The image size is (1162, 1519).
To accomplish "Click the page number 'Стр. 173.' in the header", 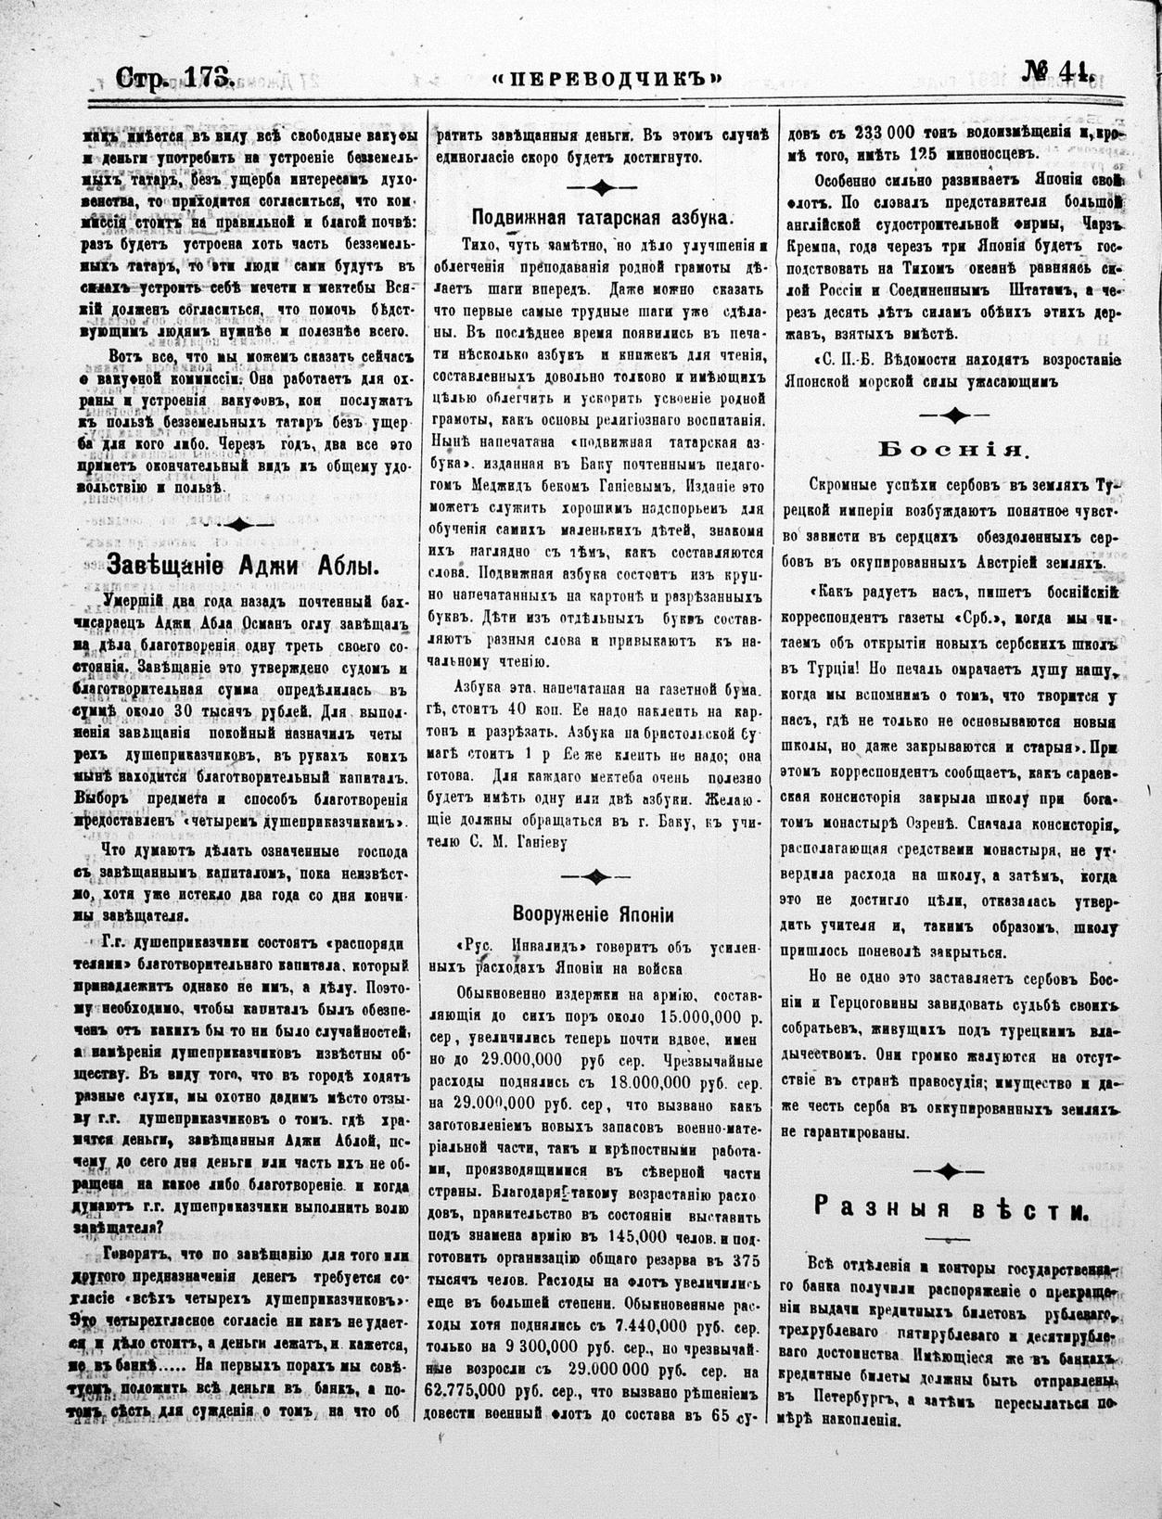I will pyautogui.click(x=173, y=77).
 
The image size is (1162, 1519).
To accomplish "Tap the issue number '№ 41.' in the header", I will pyautogui.click(x=1058, y=72).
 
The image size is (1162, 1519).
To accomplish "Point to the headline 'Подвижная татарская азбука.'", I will pyautogui.click(x=603, y=219).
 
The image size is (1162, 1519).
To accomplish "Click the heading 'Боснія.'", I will pyautogui.click(x=952, y=452).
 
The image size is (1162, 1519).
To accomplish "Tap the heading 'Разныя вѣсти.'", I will pyautogui.click(x=951, y=1208).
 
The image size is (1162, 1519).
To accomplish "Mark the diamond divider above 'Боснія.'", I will pyautogui.click(x=954, y=415).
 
